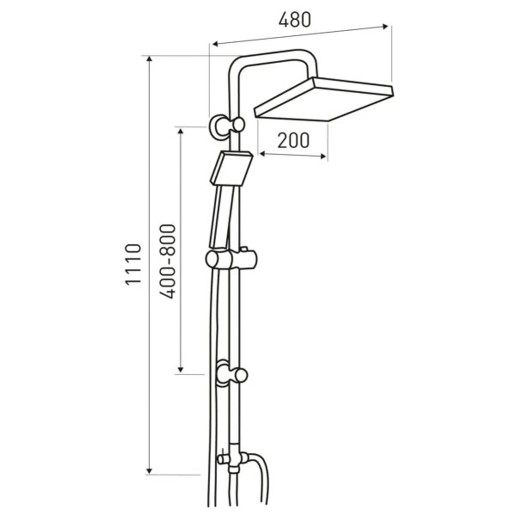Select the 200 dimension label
(x=293, y=140)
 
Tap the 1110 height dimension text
(x=133, y=264)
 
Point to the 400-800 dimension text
(x=168, y=261)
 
